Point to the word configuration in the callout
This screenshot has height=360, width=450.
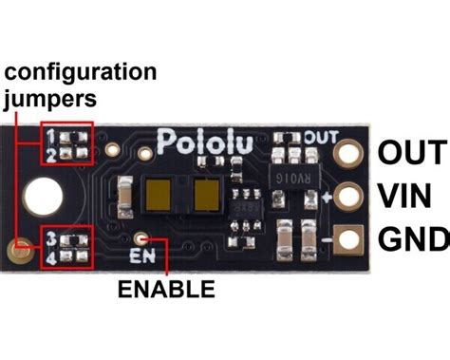(80, 71)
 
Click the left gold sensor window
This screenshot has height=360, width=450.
(159, 196)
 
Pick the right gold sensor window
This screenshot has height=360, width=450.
(206, 196)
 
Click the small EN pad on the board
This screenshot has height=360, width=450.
(141, 239)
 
